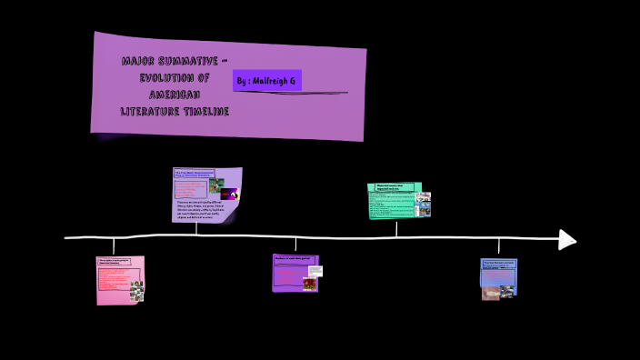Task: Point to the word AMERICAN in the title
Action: [x=174, y=95]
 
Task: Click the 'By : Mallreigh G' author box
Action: [x=266, y=80]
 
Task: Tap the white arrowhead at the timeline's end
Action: [x=567, y=239]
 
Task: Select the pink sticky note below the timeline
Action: [x=120, y=279]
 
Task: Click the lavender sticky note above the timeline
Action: [x=206, y=195]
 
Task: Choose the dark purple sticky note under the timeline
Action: [x=295, y=273]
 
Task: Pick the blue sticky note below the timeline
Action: [x=498, y=278]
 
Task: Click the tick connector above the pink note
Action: [x=114, y=246]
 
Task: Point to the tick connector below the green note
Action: [x=396, y=228]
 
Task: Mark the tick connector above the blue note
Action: [x=498, y=247]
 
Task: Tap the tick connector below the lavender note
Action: [x=196, y=230]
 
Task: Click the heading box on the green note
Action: [x=392, y=187]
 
